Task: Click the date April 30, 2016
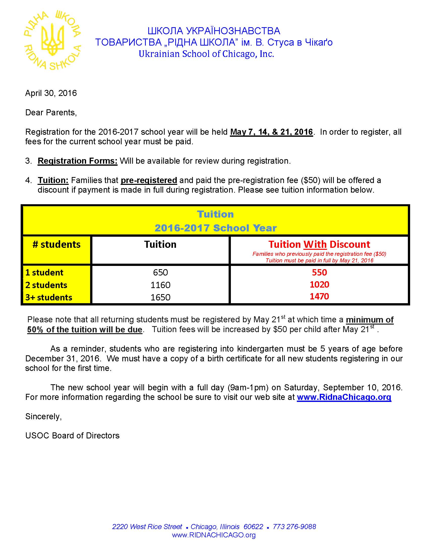click(51, 93)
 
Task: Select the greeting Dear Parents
click(51, 112)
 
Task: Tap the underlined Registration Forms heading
click(77, 161)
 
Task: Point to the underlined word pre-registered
click(149, 180)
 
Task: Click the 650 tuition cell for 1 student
click(160, 272)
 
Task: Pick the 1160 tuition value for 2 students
click(160, 285)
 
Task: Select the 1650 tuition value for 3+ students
click(160, 297)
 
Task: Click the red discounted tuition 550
click(319, 272)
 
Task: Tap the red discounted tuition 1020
click(319, 285)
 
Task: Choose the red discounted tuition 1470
click(319, 296)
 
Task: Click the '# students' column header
click(57, 245)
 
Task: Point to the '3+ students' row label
click(49, 297)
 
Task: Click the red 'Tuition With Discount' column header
click(319, 245)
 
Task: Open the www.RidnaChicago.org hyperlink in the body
click(344, 397)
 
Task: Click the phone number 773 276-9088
click(294, 527)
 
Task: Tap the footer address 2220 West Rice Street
click(147, 527)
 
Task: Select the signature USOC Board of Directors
click(72, 436)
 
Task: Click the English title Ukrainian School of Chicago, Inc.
click(206, 54)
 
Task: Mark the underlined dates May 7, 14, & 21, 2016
click(271, 132)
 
